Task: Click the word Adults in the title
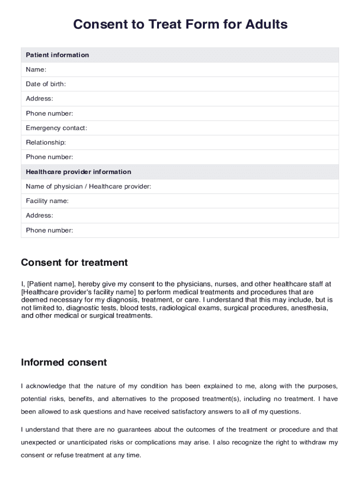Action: coord(264,24)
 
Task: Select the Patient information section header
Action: coord(57,55)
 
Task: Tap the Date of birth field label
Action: coord(46,84)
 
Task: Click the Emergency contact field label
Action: coord(56,128)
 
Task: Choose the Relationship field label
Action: coord(46,142)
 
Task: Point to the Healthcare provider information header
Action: coord(78,172)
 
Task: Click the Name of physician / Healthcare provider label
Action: coord(88,187)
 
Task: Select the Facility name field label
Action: coord(47,201)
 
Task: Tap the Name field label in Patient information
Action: coord(36,70)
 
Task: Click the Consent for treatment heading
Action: coord(74,262)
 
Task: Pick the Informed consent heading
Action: coord(64,363)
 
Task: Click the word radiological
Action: coord(177,308)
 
